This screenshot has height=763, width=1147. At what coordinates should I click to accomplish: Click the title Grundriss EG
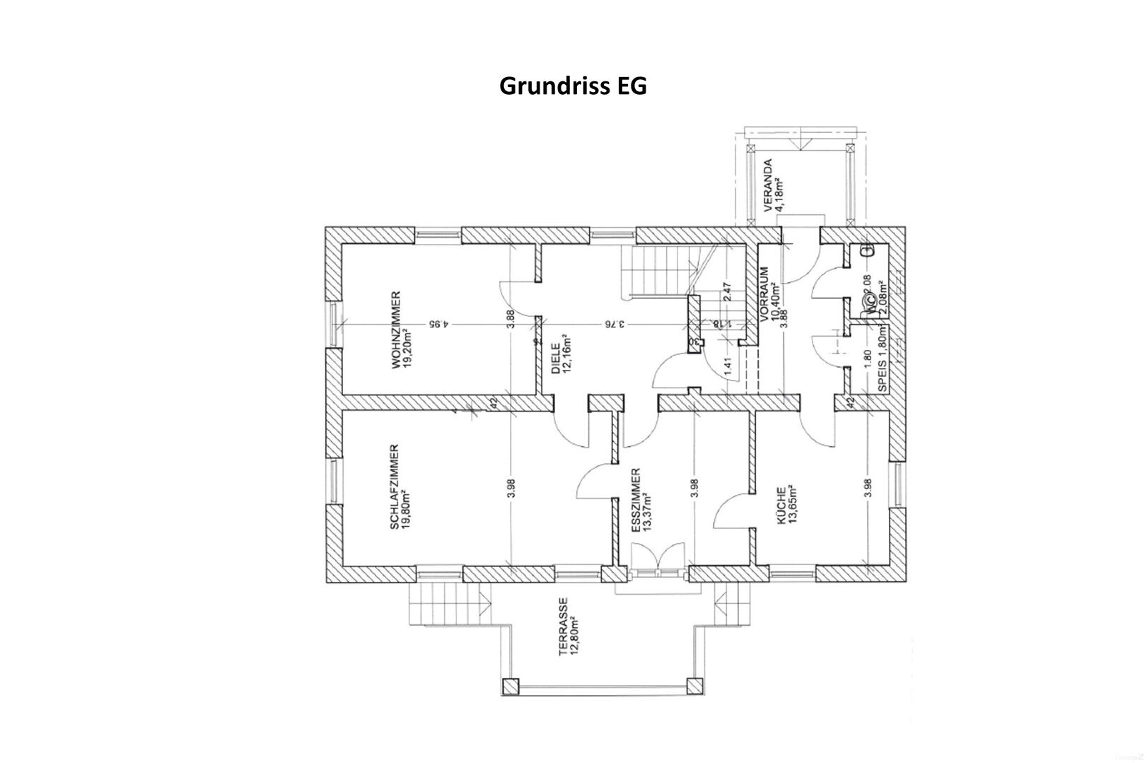573,86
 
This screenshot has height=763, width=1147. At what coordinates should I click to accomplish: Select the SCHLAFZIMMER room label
395,487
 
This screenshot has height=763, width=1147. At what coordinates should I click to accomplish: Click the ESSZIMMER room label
636,500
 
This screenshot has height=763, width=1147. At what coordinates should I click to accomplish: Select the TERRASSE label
564,627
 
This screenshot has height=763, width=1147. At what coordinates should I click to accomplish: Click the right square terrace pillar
695,686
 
